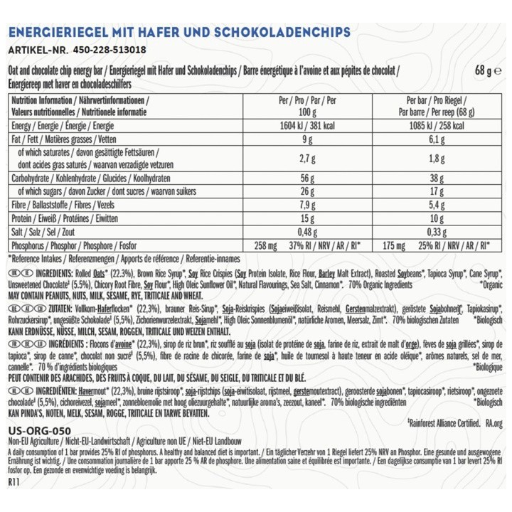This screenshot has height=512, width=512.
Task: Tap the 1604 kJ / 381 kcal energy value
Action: click(x=307, y=124)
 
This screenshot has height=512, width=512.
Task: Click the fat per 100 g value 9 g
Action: click(x=307, y=139)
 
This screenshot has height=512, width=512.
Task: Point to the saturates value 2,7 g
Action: click(x=307, y=158)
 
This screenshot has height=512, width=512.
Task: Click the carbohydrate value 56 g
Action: click(x=307, y=178)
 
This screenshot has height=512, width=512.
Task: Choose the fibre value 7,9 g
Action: click(x=307, y=204)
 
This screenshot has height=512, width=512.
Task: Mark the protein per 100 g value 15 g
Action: click(x=307, y=218)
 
